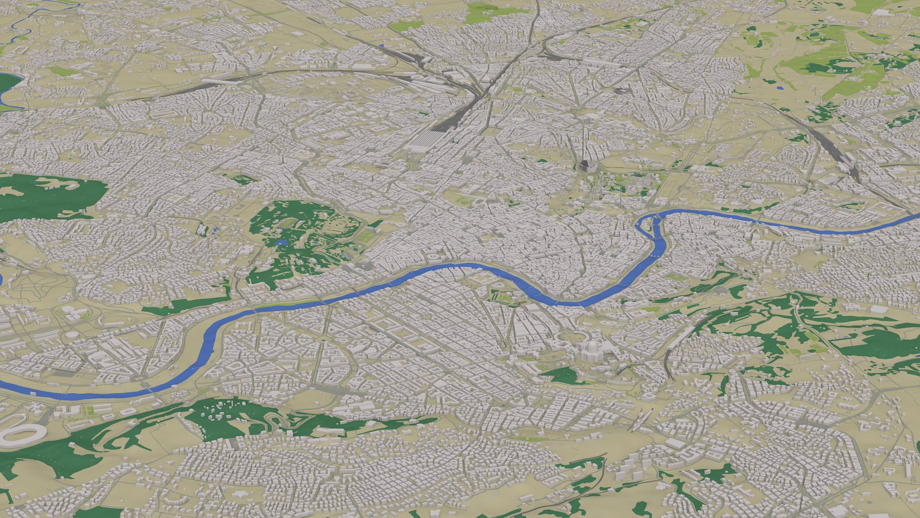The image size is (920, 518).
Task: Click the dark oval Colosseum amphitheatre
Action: (x=585, y=166)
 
